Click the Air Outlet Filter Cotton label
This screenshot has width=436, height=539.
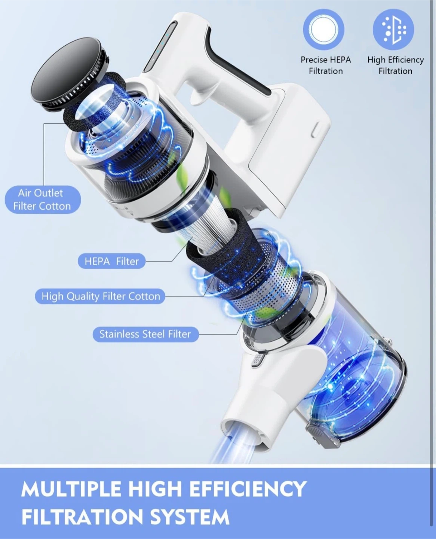click(x=43, y=200)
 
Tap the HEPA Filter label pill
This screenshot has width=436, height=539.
click(x=111, y=261)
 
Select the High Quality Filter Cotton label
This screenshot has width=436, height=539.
click(x=100, y=296)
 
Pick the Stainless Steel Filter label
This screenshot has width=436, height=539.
click(x=145, y=334)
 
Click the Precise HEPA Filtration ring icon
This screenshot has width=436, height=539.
click(x=323, y=30)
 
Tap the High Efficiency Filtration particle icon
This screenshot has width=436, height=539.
click(x=393, y=29)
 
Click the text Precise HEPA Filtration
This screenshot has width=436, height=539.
click(x=326, y=65)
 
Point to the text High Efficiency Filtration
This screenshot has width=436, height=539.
click(x=396, y=65)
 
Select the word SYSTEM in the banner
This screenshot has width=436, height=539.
click(x=190, y=517)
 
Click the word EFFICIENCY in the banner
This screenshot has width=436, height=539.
click(x=248, y=489)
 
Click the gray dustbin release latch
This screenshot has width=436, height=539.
click(x=320, y=436)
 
